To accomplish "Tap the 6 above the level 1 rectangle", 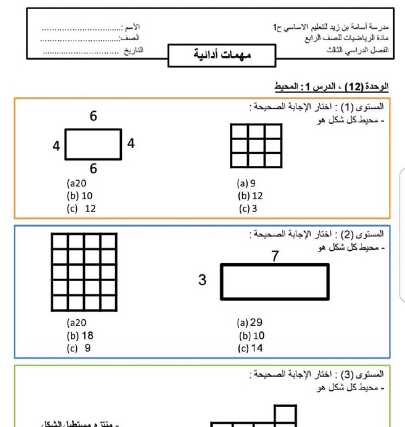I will click(94, 116).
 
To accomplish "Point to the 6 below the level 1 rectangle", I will click(93, 168).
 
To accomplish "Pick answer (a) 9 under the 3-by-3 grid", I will click(246, 182).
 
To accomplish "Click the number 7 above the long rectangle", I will click(275, 255).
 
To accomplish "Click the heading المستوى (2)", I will click(366, 234).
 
